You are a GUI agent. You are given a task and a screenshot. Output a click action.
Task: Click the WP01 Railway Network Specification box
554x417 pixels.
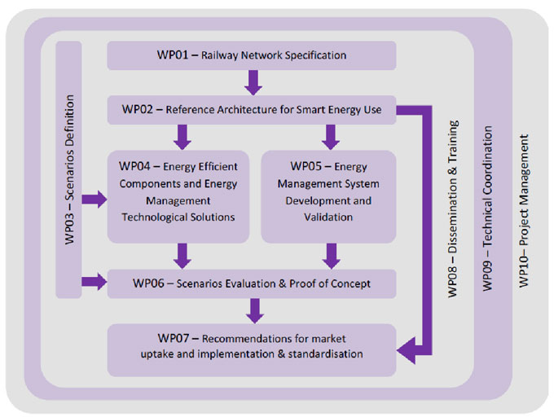252,55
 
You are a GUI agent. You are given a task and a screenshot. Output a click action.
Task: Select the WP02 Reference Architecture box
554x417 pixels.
252,109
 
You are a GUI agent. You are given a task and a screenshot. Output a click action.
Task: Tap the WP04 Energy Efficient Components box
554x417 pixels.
178,195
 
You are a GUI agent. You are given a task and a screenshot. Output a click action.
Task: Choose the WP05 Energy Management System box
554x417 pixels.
328,195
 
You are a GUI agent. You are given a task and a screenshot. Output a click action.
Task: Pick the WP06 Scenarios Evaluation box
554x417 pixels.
252,283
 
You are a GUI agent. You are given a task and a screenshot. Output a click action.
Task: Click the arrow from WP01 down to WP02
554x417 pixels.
253,82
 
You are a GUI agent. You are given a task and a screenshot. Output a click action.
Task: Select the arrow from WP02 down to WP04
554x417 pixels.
182,136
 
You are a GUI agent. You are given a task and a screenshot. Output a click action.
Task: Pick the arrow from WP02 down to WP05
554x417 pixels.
330,136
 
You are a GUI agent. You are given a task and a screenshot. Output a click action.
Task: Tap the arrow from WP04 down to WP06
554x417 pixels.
182,256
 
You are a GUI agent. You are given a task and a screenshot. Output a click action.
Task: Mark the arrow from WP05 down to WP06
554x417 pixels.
330,256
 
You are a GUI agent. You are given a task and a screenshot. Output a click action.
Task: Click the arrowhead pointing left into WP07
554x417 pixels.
405,352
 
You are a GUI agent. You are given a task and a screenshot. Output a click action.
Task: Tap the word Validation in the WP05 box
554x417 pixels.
328,217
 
